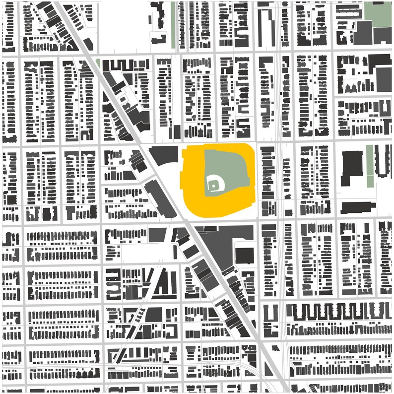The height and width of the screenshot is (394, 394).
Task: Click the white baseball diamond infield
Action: coord(214,185)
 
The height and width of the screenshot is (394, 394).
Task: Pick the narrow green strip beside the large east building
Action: coord(369,166)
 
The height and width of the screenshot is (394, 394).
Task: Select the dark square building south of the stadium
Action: coord(244,256)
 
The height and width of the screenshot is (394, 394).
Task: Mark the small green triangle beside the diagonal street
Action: coord(98,64)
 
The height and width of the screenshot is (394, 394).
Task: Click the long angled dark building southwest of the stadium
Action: coord(160,198)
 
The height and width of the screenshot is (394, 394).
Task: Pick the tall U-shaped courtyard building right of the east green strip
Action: coord(383,161)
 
